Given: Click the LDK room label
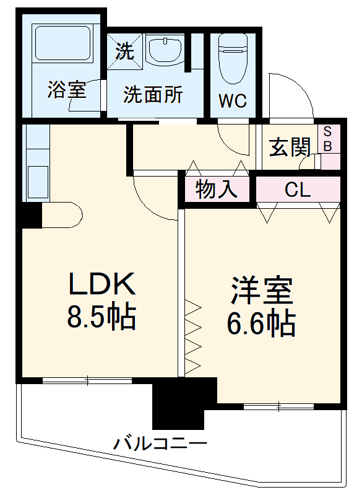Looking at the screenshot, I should [101, 284].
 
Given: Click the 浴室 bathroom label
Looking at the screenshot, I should [66, 91].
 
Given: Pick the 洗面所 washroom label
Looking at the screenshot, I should [153, 95].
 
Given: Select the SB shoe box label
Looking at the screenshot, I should [328, 139].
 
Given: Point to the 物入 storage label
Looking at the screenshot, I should [216, 190].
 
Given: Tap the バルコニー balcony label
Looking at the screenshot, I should [160, 444].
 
